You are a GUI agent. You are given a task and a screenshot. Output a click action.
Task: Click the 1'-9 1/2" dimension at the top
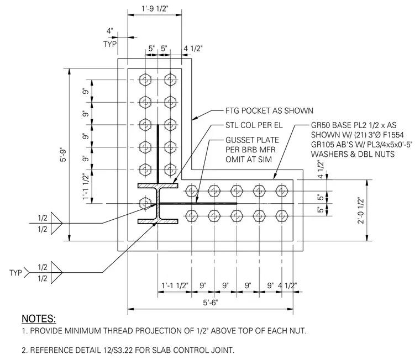(x=155, y=9)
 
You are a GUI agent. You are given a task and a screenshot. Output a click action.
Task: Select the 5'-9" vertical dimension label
(x=64, y=155)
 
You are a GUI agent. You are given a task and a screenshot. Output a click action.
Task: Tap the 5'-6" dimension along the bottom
(x=210, y=303)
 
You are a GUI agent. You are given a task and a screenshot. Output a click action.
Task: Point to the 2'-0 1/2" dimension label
(x=361, y=210)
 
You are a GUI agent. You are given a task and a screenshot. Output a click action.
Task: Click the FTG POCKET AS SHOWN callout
(x=269, y=110)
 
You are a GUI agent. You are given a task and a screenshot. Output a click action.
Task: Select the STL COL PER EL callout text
(x=254, y=125)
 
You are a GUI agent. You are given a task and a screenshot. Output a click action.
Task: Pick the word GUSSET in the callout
(x=237, y=140)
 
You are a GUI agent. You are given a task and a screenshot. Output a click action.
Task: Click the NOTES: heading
(x=39, y=319)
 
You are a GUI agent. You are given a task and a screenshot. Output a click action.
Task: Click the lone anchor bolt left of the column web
(x=145, y=203)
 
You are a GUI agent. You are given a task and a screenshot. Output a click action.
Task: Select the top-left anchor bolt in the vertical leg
(x=145, y=80)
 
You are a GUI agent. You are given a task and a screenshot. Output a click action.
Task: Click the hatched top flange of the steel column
(x=158, y=186)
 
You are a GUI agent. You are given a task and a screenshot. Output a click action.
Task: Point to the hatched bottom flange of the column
(x=158, y=221)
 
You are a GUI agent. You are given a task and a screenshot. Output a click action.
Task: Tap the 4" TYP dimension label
(x=110, y=38)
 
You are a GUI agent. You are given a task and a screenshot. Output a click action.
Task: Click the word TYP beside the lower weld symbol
(x=15, y=273)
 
